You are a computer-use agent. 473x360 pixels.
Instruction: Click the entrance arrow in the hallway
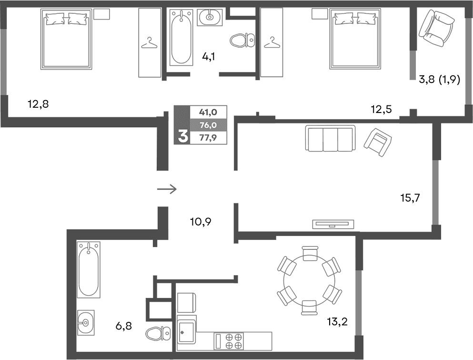click(167, 189)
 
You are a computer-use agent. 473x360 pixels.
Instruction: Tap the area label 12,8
click(39, 103)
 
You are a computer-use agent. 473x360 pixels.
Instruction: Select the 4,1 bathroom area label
click(209, 57)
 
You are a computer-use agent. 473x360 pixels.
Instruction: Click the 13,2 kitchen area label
click(337, 321)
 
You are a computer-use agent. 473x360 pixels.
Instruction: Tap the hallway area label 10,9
click(200, 221)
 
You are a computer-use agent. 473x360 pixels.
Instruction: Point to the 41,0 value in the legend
click(209, 113)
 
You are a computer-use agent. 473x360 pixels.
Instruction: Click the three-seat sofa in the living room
click(330, 138)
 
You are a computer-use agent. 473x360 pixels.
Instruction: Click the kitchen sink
click(186, 329)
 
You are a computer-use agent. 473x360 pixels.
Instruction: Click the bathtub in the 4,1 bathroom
click(181, 39)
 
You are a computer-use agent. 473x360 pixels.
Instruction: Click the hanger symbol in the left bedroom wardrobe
click(150, 43)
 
